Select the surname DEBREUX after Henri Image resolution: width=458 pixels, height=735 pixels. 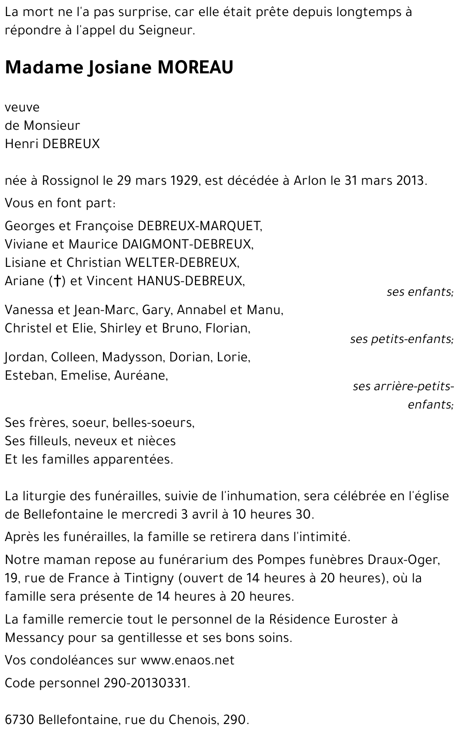[x=71, y=144]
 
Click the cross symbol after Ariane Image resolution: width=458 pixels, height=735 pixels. [x=57, y=281]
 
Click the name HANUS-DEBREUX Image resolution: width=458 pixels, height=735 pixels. [x=191, y=281]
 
